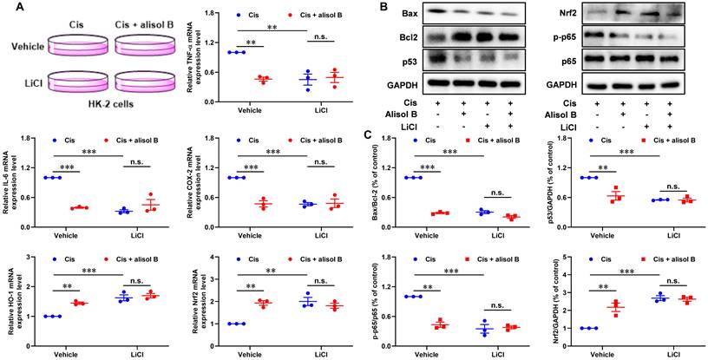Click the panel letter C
(x=370, y=135)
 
